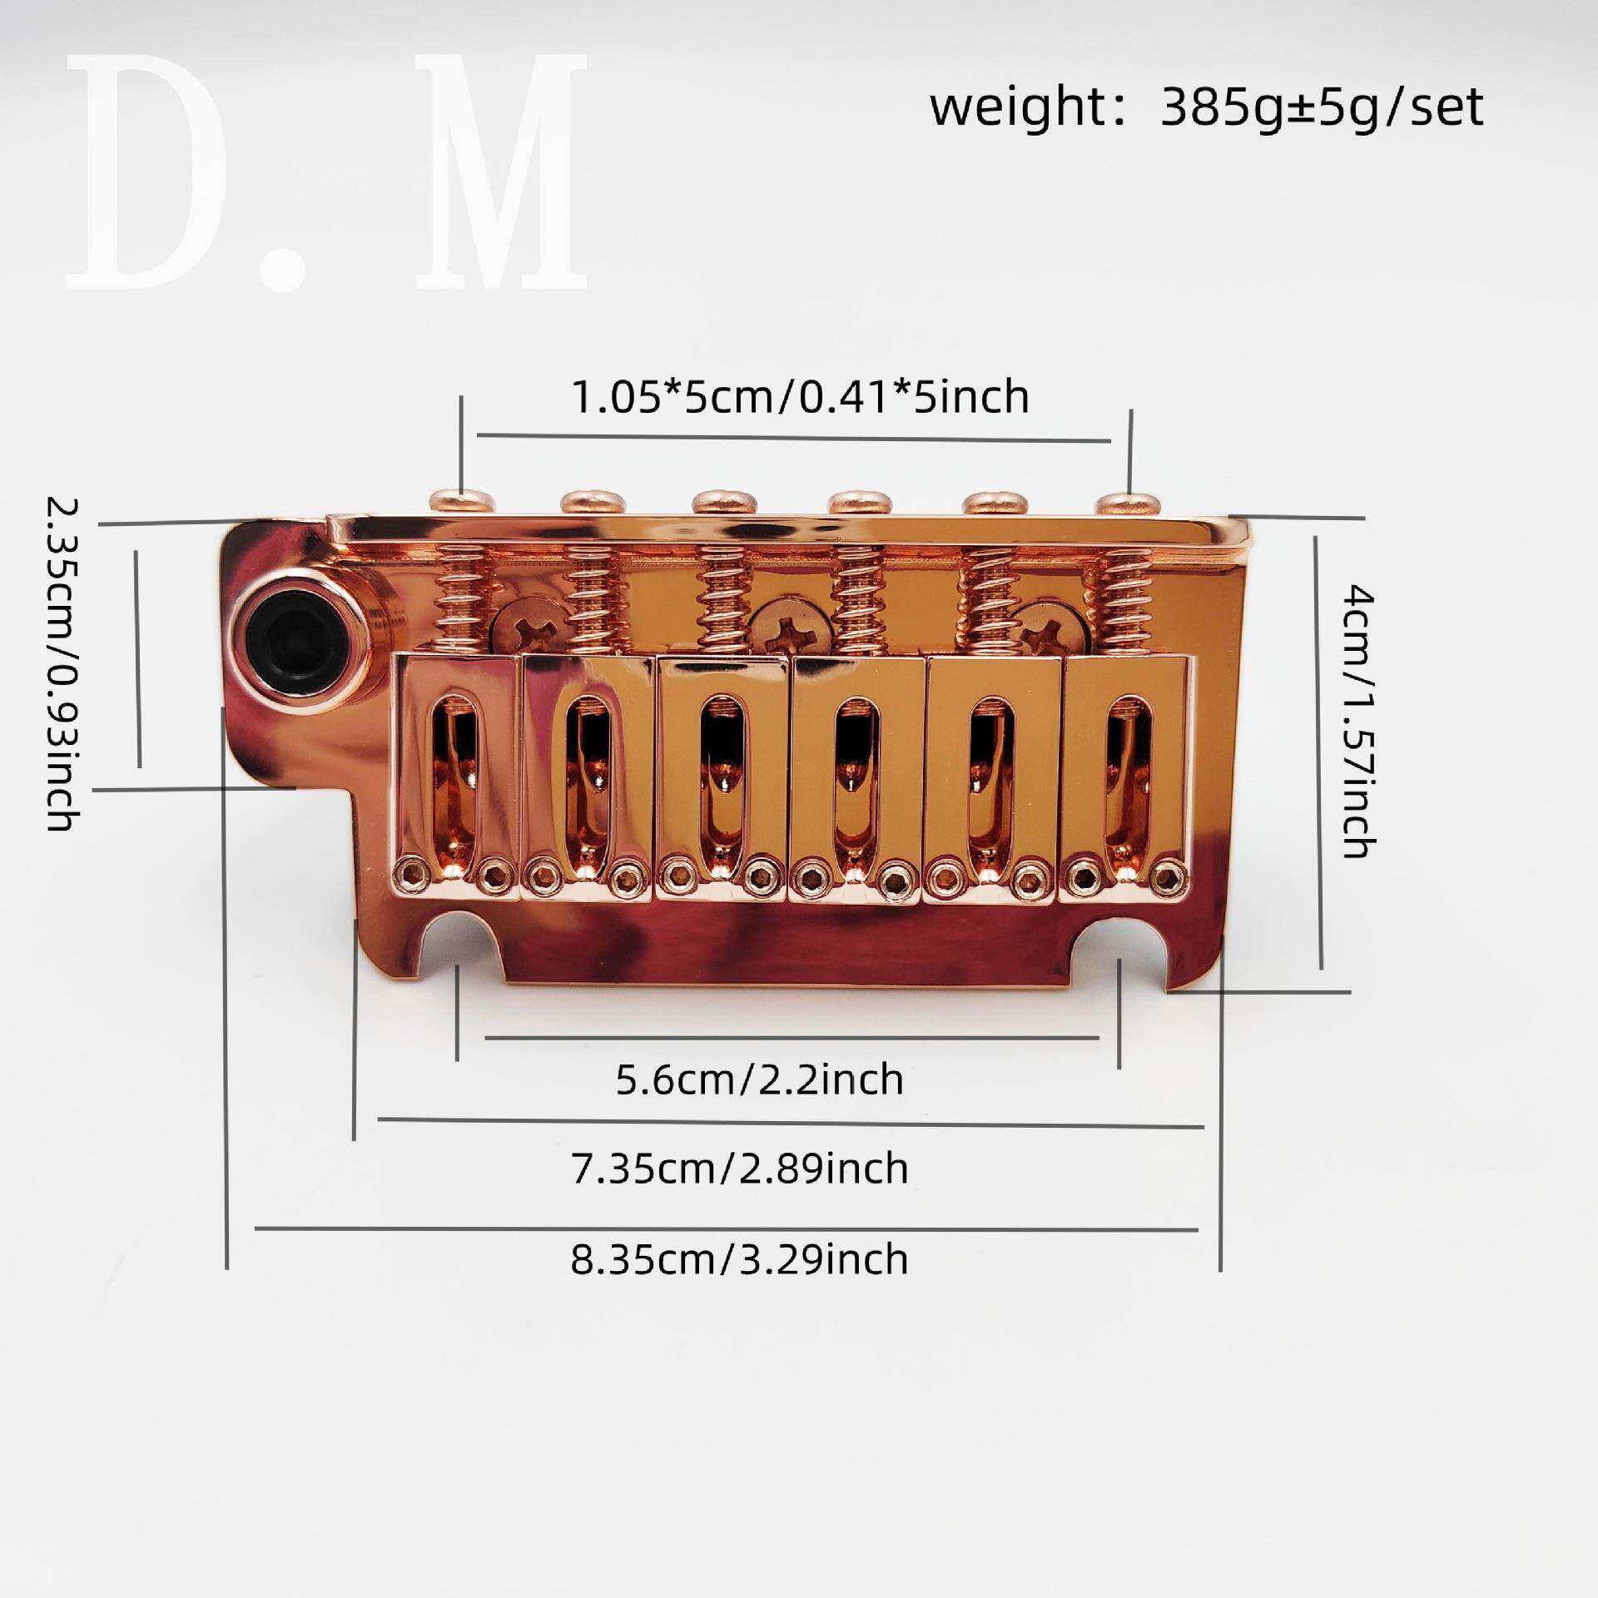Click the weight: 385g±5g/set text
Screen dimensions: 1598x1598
(1207, 109)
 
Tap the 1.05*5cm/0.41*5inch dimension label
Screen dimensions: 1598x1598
(800, 397)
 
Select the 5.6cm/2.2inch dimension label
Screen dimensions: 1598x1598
(759, 1080)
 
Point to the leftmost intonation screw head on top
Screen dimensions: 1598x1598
(463, 502)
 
